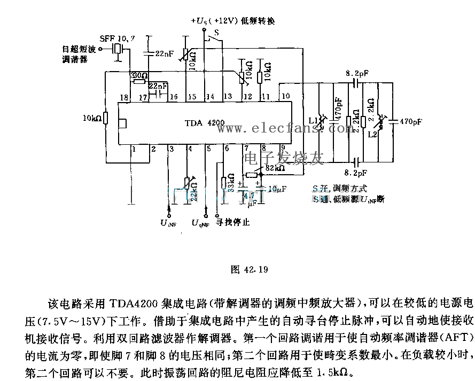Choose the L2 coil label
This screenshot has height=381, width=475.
373,136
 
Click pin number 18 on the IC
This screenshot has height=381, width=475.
124,97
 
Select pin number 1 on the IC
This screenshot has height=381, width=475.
133,149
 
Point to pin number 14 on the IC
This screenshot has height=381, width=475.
209,97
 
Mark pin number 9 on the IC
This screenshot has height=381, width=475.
282,148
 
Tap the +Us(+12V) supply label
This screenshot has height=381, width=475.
217,20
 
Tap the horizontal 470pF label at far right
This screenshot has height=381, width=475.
410,121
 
